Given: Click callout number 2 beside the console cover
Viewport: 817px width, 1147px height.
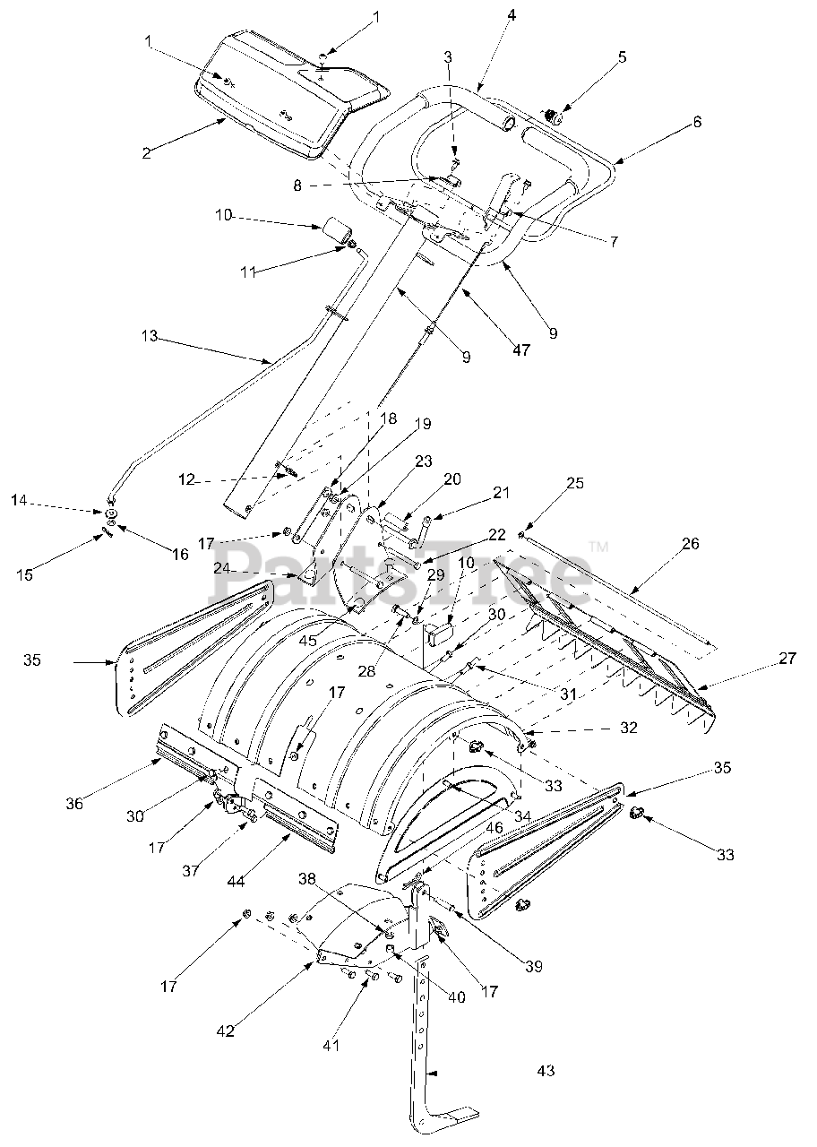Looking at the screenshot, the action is [x=147, y=152].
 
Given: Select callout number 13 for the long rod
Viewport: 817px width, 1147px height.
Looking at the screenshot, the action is [x=150, y=337].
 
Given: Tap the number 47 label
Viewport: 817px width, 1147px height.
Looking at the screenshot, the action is [x=521, y=349].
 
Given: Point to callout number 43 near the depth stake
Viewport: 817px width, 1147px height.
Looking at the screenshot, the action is [x=546, y=1070].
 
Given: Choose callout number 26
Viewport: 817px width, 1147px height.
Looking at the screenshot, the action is [x=691, y=543].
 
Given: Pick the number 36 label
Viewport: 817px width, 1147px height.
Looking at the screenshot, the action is [x=74, y=804].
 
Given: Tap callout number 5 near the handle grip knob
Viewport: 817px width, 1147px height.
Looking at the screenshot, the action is [x=622, y=56].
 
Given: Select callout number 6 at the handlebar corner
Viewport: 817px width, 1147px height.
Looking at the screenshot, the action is [x=697, y=122].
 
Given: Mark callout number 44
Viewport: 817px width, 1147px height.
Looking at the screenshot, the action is [x=236, y=881].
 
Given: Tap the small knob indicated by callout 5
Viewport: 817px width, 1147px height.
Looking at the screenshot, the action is [x=553, y=116].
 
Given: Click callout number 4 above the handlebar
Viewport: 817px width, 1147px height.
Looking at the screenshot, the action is [x=512, y=15].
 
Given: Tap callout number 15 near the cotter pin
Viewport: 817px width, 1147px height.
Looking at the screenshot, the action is [x=24, y=574].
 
